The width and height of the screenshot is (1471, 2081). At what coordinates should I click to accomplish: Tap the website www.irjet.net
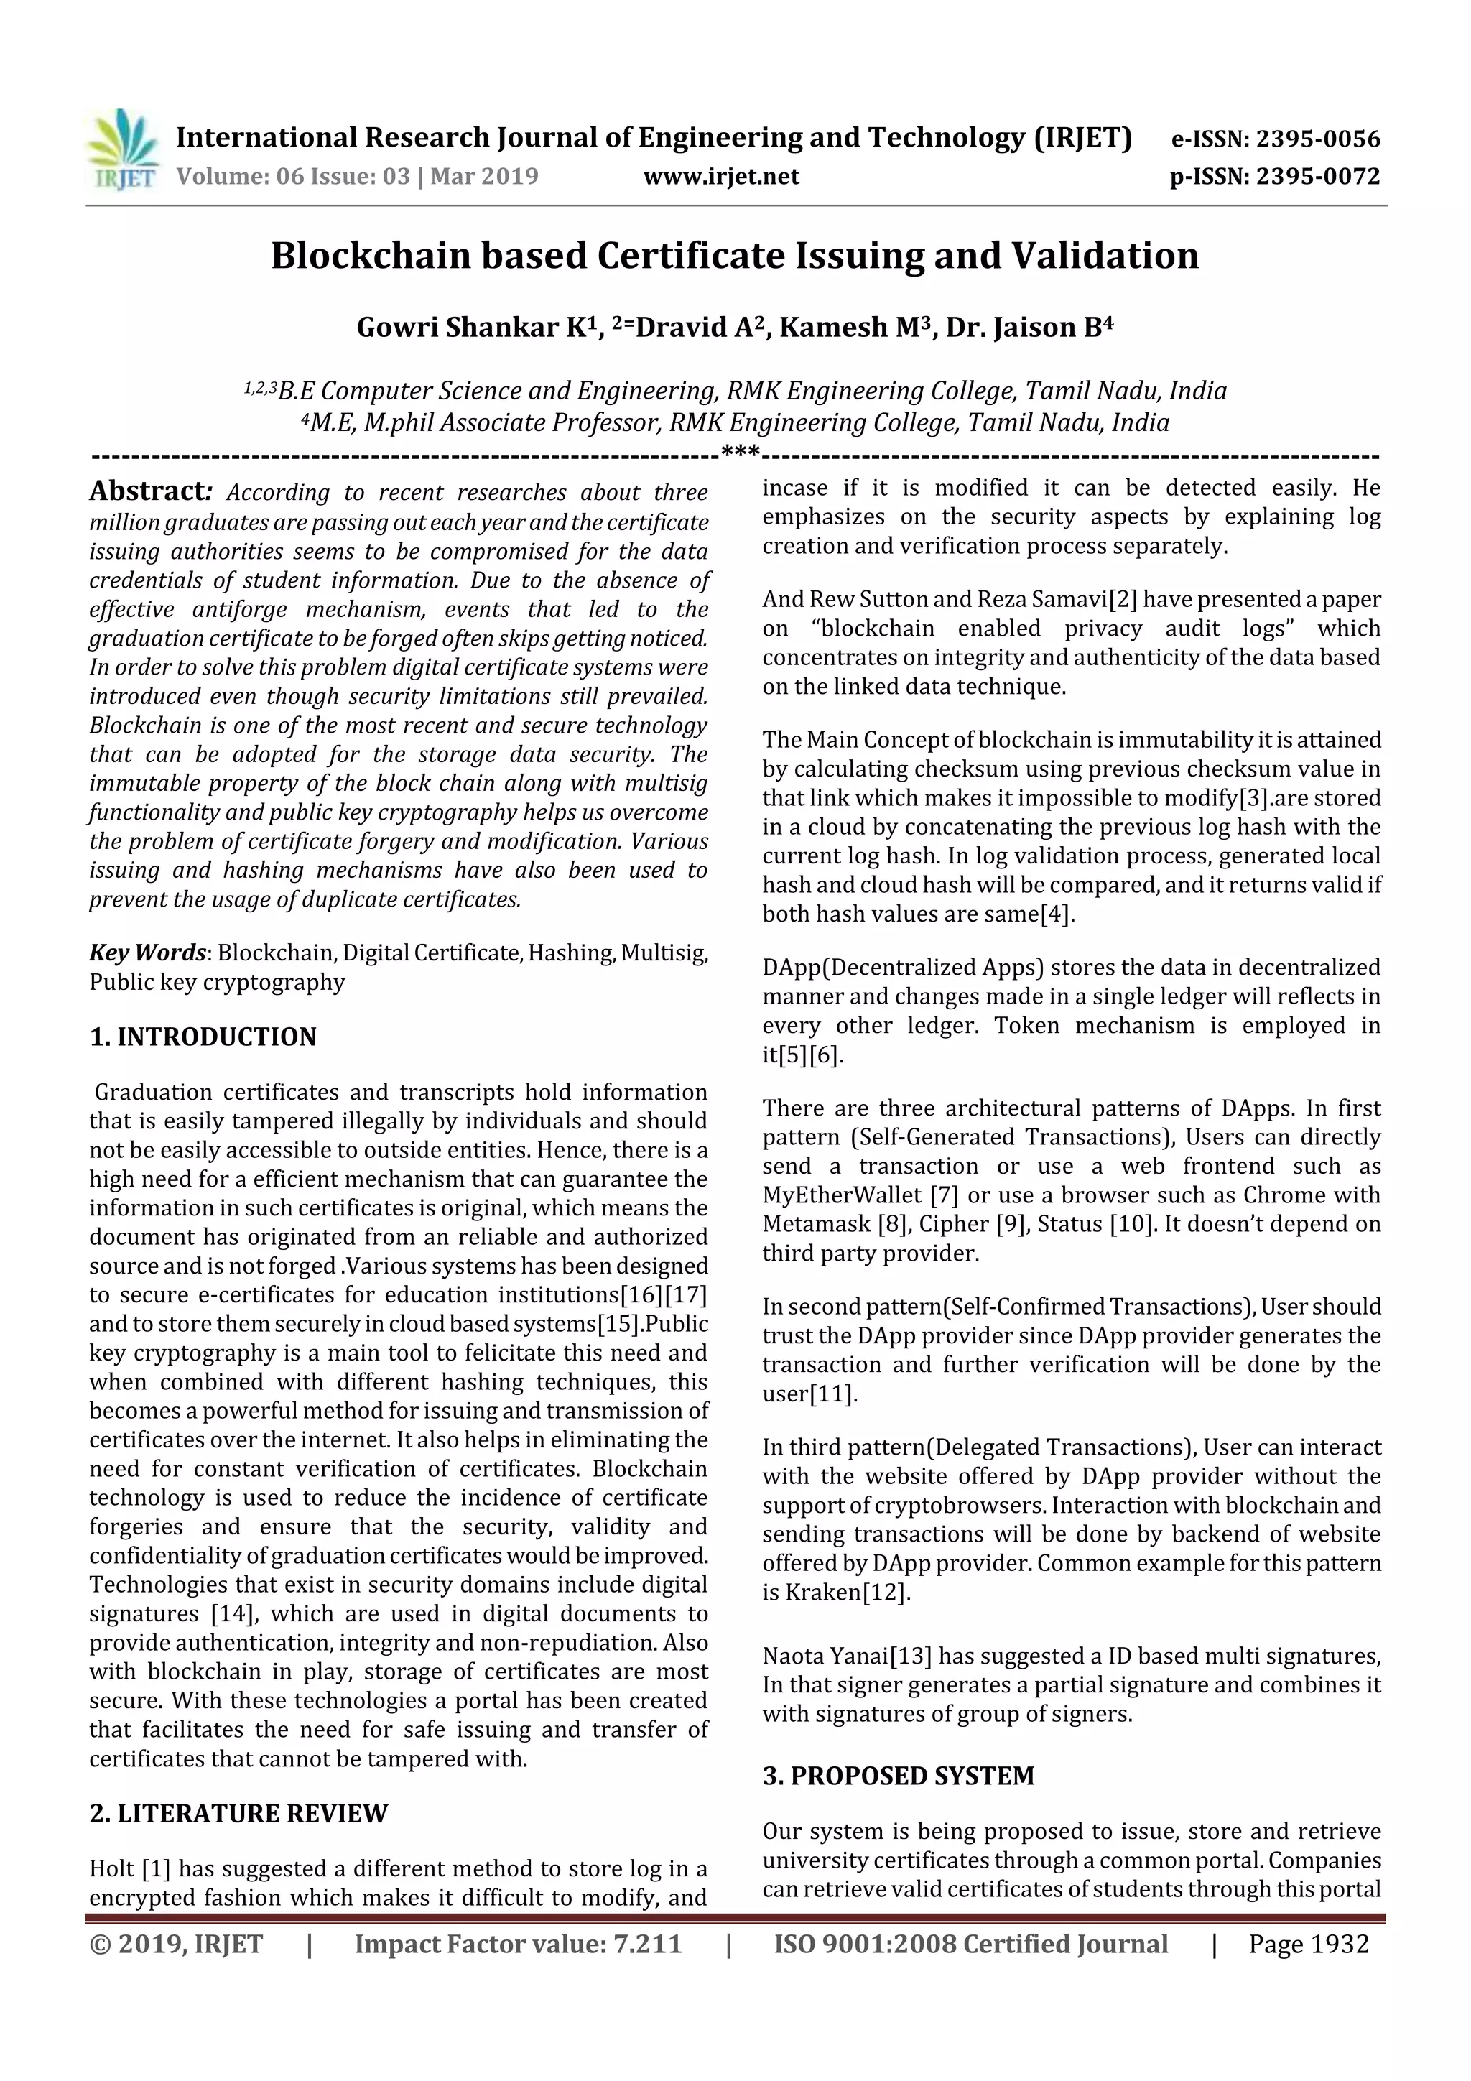pos(721,177)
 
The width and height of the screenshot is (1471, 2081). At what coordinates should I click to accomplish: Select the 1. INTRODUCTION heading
pos(203,1037)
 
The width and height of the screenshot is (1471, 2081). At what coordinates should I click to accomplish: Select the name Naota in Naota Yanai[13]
pos(793,1656)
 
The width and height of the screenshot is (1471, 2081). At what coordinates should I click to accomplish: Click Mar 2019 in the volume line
pos(484,177)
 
